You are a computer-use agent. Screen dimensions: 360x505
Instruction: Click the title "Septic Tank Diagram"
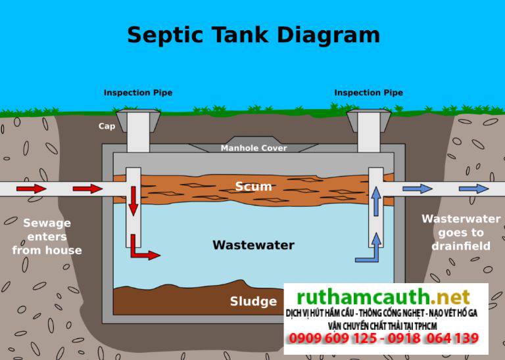click(x=252, y=35)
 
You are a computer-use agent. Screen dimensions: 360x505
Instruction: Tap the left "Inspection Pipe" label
click(x=138, y=93)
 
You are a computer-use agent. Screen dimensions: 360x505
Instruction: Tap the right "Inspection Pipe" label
click(x=368, y=93)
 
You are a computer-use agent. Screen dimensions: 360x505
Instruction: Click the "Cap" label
click(x=107, y=125)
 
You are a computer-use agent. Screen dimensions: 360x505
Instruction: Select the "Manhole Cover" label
click(x=254, y=148)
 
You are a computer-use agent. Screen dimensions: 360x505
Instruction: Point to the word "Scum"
click(x=253, y=187)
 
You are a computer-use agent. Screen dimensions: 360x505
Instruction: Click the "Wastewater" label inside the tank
click(x=253, y=245)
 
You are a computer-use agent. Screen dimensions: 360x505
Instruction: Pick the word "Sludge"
click(x=253, y=302)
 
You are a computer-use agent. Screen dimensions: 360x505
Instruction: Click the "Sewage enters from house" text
click(x=47, y=236)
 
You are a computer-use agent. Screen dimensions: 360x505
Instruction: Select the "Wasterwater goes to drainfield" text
click(x=461, y=232)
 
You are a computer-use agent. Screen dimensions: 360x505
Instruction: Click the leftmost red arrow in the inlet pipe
click(x=31, y=189)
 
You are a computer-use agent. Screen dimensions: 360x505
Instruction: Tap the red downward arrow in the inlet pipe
click(x=133, y=201)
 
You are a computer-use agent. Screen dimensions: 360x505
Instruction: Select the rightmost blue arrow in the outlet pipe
click(x=473, y=189)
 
